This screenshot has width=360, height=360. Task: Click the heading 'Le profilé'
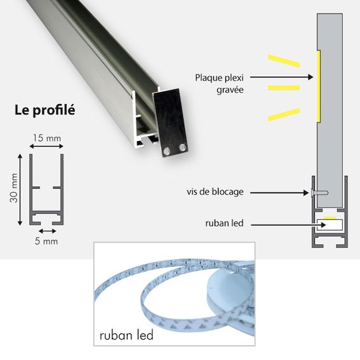(45, 110)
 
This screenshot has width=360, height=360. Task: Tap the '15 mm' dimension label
(47, 138)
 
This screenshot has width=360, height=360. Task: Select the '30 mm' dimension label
(14, 188)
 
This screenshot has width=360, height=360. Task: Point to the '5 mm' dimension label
(46, 241)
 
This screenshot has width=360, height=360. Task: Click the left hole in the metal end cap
(166, 151)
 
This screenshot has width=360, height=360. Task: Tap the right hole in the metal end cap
(183, 147)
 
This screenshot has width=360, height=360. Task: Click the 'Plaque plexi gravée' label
(219, 84)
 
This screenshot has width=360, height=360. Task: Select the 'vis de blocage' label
(215, 192)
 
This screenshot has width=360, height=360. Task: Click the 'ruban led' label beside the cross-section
(224, 223)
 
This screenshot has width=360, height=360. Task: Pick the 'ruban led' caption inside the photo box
(126, 335)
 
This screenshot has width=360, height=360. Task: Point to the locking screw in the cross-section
(319, 193)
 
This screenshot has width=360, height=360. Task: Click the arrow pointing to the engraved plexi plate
(282, 77)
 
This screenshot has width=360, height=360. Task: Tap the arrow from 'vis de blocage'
(279, 193)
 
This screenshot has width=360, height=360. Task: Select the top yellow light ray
(284, 61)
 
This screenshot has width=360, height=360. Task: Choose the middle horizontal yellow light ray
(284, 88)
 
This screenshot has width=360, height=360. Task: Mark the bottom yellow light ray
(284, 114)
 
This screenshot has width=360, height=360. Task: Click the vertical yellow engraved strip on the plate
(319, 86)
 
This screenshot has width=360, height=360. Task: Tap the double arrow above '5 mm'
(47, 231)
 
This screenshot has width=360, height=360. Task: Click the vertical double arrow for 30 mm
(20, 190)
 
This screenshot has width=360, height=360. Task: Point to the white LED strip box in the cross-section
(330, 225)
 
